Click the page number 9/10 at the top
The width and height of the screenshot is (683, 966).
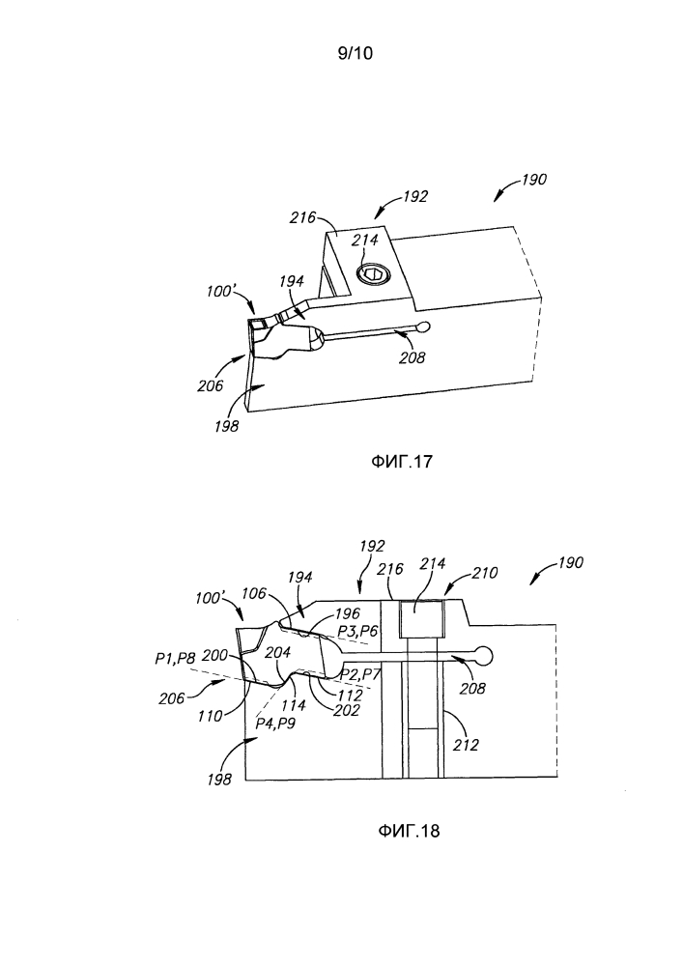356,53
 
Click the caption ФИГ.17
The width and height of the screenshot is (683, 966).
401,461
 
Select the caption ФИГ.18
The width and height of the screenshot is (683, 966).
409,831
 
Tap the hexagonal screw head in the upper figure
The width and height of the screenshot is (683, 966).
373,274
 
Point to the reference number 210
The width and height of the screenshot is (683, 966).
484,573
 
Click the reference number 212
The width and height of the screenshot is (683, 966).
466,745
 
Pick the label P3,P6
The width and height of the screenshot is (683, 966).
357,631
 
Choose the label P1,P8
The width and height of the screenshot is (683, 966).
174,660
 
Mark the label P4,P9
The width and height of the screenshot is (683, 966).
275,723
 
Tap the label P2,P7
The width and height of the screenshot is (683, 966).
360,673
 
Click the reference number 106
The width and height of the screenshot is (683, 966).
254,593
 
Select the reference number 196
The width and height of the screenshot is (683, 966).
347,614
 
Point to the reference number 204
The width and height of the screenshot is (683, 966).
277,652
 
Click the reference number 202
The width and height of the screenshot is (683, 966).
346,709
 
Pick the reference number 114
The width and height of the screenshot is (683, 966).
293,705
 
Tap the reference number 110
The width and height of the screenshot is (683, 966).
210,717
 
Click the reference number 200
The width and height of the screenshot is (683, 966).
214,655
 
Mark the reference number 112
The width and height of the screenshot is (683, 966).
350,695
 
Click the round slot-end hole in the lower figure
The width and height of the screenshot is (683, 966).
483,656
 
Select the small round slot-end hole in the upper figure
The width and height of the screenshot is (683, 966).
424,327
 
